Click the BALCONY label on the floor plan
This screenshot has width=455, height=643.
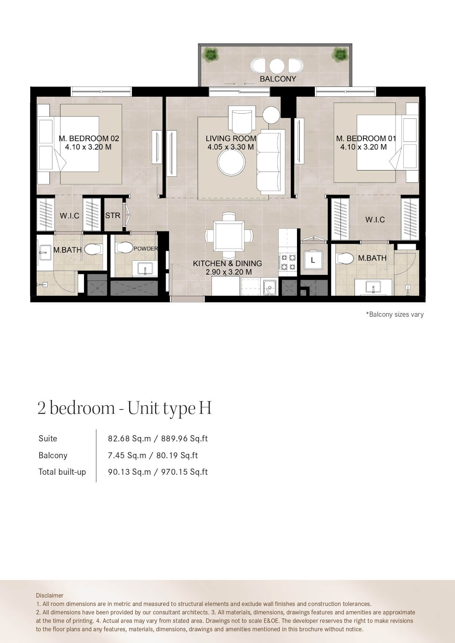pyautogui.click(x=278, y=79)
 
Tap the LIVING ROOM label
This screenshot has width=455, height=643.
pyautogui.click(x=231, y=139)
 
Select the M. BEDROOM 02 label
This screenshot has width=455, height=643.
pyautogui.click(x=89, y=139)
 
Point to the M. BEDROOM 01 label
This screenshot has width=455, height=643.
pyautogui.click(x=366, y=139)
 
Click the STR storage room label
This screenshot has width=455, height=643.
pyautogui.click(x=113, y=216)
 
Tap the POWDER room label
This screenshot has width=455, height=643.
pyautogui.click(x=146, y=249)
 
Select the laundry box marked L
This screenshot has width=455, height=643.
pyautogui.click(x=313, y=260)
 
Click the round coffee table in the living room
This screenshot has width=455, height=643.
pyautogui.click(x=231, y=163)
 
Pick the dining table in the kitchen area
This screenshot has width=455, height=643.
pyautogui.click(x=229, y=235)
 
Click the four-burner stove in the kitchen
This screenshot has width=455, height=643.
pyautogui.click(x=288, y=262)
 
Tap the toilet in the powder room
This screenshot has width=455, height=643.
pyautogui.click(x=125, y=247)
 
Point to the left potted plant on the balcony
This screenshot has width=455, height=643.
pyautogui.click(x=210, y=54)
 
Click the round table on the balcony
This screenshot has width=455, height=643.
pyautogui.click(x=277, y=66)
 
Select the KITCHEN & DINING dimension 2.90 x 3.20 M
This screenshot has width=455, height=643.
pyautogui.click(x=229, y=272)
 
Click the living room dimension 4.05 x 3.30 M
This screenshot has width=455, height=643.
pyautogui.click(x=231, y=147)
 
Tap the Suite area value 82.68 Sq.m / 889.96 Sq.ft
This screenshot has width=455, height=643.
pyautogui.click(x=158, y=438)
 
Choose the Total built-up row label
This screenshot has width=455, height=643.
pyautogui.click(x=62, y=472)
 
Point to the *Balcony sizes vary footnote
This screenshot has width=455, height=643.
pyautogui.click(x=395, y=315)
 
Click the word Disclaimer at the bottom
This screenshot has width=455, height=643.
pyautogui.click(x=49, y=595)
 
